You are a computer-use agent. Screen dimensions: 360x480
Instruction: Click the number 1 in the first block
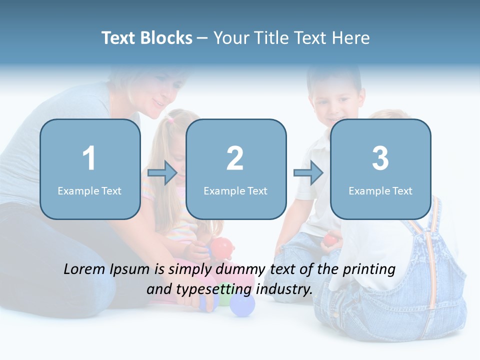(x=89, y=158)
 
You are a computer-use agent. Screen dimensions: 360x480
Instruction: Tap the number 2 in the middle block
(x=235, y=158)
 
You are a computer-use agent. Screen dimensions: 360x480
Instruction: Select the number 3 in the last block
(x=380, y=158)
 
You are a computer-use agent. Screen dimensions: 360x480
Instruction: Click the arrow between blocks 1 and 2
(x=162, y=173)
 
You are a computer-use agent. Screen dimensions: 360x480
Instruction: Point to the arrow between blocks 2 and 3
(x=308, y=173)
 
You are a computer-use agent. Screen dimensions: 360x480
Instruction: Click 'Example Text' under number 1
(x=89, y=190)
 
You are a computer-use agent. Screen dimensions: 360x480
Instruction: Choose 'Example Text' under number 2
(x=235, y=190)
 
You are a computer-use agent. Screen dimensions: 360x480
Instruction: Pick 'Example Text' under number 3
(x=380, y=190)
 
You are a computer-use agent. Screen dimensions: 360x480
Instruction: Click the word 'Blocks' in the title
(x=166, y=38)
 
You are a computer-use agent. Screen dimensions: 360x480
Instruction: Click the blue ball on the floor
(x=242, y=305)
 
